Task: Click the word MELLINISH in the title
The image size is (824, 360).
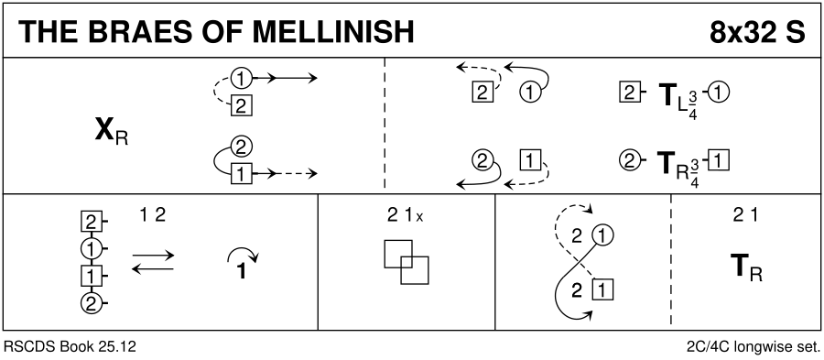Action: [x=332, y=31]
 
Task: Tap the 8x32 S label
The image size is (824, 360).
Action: [x=757, y=31]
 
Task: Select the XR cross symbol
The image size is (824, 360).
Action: [x=112, y=132]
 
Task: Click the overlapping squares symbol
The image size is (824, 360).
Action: [x=407, y=262]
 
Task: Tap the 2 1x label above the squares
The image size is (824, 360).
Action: [x=405, y=216]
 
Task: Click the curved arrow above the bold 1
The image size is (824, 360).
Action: [x=243, y=255]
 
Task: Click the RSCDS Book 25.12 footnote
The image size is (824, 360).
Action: [x=70, y=347]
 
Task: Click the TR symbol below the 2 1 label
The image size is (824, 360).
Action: [x=747, y=267]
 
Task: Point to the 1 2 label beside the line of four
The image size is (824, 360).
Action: [x=153, y=216]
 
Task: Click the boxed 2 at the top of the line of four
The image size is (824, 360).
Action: [x=91, y=223]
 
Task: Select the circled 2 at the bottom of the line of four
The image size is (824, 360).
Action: [x=91, y=303]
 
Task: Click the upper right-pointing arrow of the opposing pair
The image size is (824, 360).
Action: [x=153, y=256]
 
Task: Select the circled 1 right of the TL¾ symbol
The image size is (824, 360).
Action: [x=719, y=93]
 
